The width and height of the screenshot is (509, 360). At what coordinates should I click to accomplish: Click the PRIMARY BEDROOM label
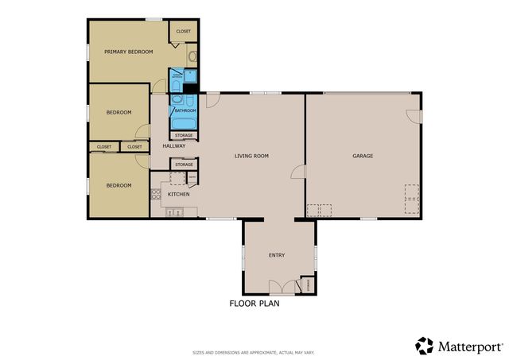click(128, 52)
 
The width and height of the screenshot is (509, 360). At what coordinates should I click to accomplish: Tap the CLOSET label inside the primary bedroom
click(184, 31)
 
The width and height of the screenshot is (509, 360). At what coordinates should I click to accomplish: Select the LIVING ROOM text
click(251, 156)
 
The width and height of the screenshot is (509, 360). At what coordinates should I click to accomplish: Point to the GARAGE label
click(363, 156)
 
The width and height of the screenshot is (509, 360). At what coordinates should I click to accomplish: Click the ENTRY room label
click(277, 255)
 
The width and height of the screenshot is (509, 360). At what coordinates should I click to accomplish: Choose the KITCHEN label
click(178, 194)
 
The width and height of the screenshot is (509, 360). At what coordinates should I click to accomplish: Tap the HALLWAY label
click(174, 146)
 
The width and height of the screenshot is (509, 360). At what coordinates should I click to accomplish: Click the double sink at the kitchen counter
click(173, 211)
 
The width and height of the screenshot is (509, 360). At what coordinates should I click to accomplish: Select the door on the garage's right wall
click(414, 115)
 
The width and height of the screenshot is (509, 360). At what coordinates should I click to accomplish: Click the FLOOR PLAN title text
click(254, 304)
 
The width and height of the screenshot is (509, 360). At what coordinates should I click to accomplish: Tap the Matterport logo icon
click(425, 346)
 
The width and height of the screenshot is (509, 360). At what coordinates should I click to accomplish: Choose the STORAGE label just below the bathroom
click(184, 136)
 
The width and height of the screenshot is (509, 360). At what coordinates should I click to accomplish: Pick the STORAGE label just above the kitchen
click(184, 165)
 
